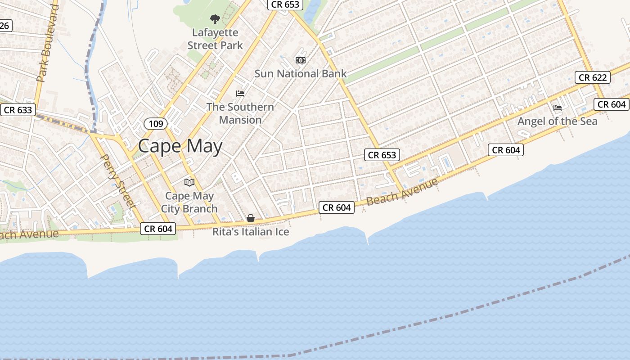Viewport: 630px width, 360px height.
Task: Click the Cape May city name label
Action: (x=180, y=146)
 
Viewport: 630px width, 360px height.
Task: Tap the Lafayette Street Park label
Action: (x=215, y=39)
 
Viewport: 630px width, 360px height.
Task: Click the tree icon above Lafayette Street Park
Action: (x=215, y=19)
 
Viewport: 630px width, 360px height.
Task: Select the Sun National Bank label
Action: (x=301, y=74)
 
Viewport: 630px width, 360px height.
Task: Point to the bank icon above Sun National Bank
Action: (x=300, y=60)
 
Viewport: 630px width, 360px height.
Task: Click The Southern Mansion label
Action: (x=240, y=113)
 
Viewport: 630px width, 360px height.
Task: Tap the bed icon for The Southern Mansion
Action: (x=240, y=94)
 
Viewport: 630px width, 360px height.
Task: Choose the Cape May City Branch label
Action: (x=189, y=202)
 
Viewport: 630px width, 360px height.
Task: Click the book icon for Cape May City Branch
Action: (x=189, y=182)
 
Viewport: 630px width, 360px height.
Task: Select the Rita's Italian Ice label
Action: (x=251, y=232)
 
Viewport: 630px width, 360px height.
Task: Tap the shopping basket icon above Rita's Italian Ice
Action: (x=251, y=219)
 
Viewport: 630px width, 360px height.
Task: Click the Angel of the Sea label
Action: (x=558, y=121)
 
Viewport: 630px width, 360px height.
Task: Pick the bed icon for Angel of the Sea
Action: (x=558, y=108)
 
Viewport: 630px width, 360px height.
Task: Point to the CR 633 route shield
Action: (x=18, y=110)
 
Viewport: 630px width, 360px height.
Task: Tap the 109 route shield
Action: (x=156, y=123)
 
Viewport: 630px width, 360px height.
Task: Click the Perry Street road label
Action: (x=118, y=181)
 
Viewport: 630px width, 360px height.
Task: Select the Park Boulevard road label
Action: (x=48, y=44)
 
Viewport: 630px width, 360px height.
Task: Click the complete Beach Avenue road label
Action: (x=402, y=192)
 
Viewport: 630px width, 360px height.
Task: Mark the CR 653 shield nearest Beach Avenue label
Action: (x=382, y=155)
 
